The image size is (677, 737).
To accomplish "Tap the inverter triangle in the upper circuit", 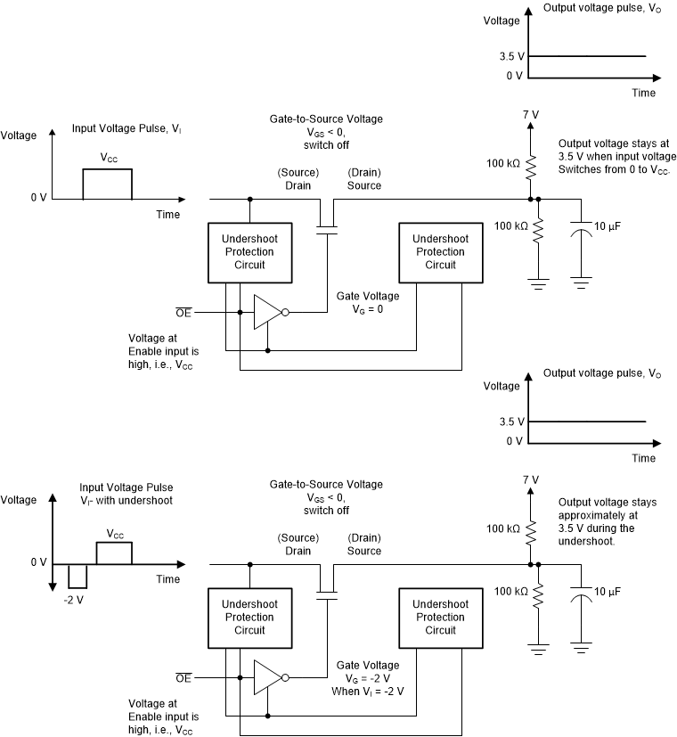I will click(266, 313).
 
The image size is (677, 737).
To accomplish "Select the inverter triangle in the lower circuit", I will click(266, 677).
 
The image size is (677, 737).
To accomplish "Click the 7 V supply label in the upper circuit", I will click(530, 114).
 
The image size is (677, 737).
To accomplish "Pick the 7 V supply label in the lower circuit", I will click(530, 479).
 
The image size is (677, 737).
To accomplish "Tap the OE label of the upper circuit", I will click(184, 312).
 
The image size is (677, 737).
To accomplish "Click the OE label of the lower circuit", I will click(184, 677).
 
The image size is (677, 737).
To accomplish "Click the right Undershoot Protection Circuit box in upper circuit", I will click(440, 252).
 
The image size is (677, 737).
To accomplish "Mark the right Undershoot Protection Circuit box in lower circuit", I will click(440, 617).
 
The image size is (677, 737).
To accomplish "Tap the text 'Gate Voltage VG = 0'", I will click(367, 302).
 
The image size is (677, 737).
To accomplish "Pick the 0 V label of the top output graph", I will click(514, 76).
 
